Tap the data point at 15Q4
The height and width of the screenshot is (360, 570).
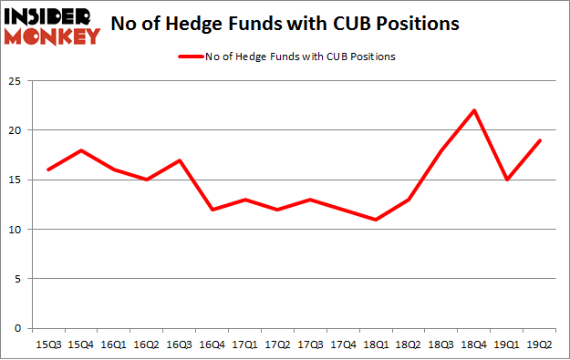82,150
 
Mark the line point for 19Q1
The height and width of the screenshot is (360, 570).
508,180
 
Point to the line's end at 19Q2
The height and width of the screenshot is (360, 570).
541,140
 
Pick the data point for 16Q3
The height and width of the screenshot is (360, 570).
181,160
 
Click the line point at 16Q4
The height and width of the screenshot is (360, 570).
213,210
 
